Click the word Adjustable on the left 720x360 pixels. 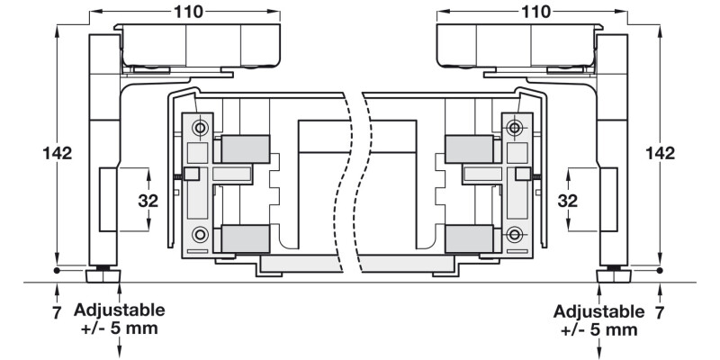point(120,310)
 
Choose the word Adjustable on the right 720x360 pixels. point(599,311)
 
